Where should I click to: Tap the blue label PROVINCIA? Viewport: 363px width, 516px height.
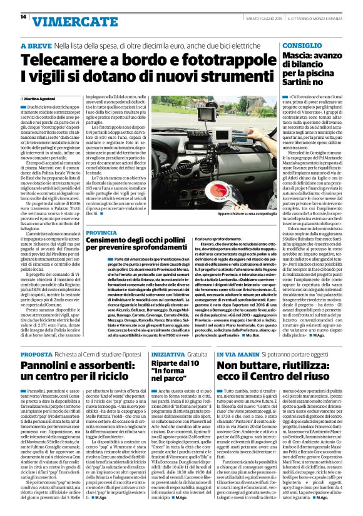click(x=103, y=232)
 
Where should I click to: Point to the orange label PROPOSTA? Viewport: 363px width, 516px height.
click(x=41, y=355)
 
